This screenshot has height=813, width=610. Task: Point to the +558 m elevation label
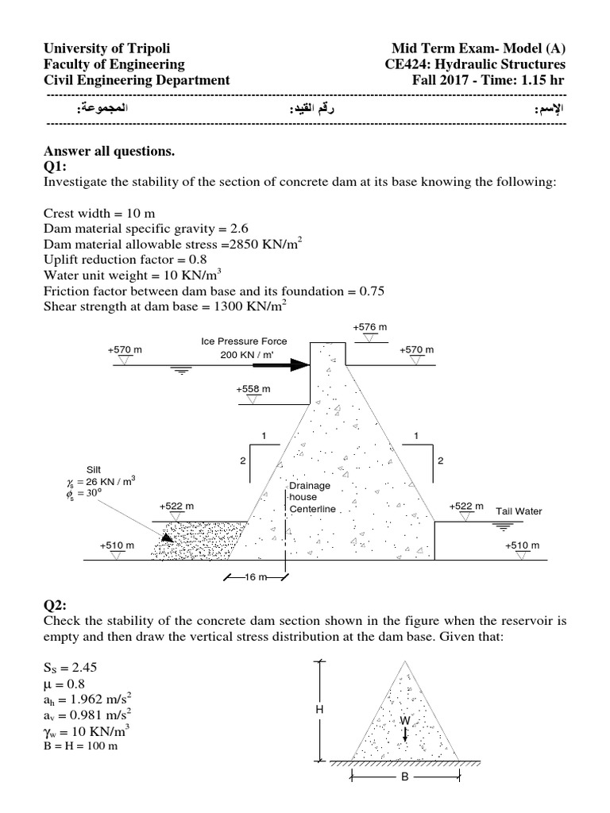pyautogui.click(x=253, y=389)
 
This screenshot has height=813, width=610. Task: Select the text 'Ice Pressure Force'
pyautogui.click(x=244, y=341)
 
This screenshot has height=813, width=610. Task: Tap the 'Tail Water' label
pyautogui.click(x=519, y=511)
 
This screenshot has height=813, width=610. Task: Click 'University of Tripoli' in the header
pyautogui.click(x=108, y=48)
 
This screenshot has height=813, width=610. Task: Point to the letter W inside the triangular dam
pyautogui.click(x=404, y=719)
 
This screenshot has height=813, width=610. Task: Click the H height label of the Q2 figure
pyautogui.click(x=319, y=709)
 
